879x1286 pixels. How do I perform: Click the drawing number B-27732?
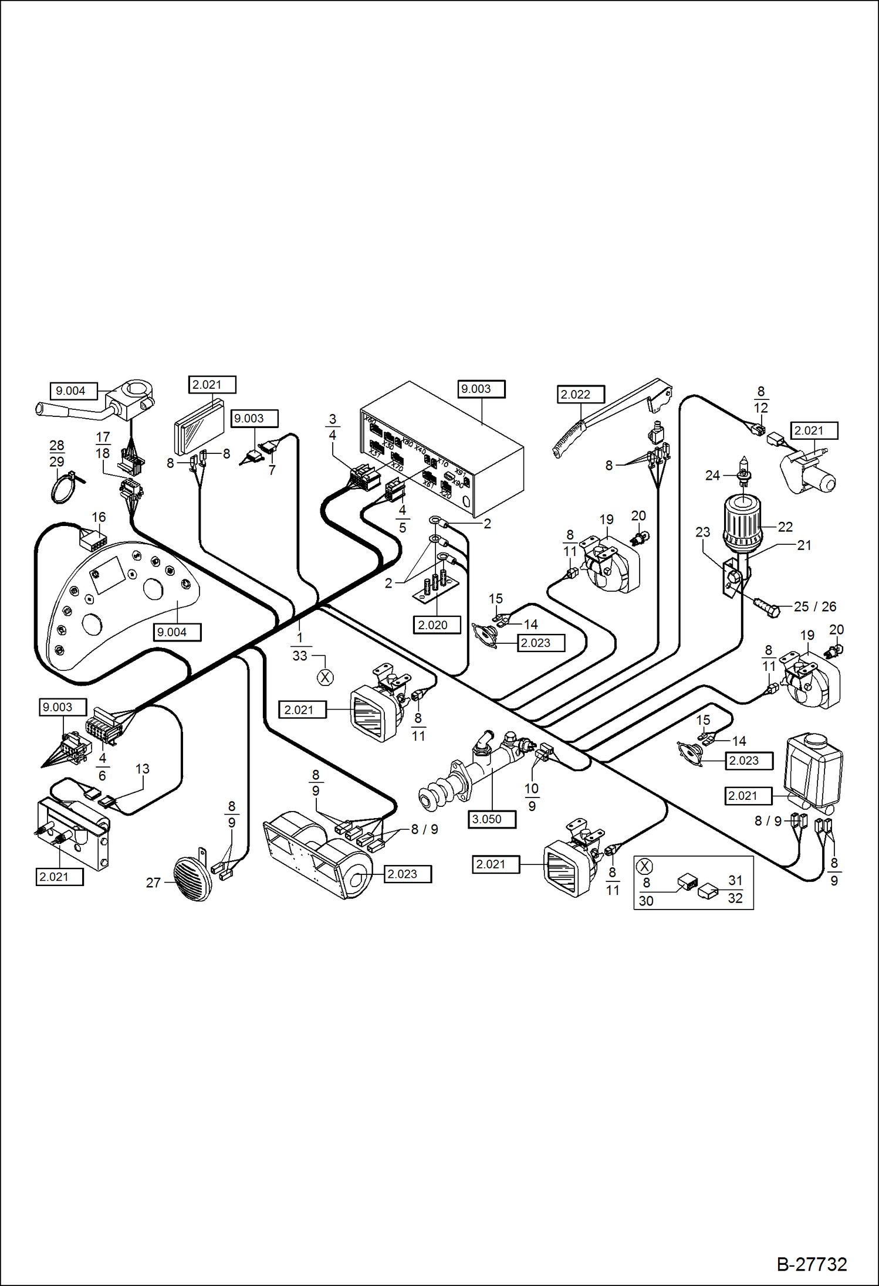(812, 1264)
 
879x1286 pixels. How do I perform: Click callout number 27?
(153, 883)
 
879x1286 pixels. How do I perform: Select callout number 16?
(99, 517)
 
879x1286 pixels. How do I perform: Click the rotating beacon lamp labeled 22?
(742, 521)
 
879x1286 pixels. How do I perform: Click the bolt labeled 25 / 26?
(766, 606)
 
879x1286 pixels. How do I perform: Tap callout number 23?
(702, 532)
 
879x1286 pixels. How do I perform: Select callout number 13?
(143, 769)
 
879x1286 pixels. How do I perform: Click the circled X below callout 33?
(325, 678)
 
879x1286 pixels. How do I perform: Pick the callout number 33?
(300, 656)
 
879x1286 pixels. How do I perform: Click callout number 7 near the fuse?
(272, 470)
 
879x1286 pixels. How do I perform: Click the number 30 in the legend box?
(646, 901)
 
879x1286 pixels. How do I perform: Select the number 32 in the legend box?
(735, 898)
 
